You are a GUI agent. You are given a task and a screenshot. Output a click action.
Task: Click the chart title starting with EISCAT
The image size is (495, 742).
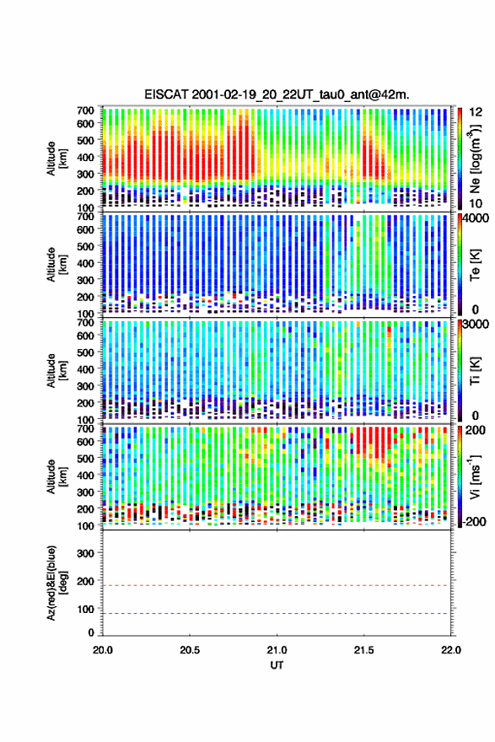tap(277, 94)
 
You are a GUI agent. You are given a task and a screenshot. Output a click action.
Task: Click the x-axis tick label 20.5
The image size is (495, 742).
tap(190, 650)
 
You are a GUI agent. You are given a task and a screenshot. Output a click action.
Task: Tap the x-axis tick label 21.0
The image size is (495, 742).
tap(277, 650)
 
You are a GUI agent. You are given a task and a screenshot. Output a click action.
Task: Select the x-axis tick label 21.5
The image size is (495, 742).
tap(364, 650)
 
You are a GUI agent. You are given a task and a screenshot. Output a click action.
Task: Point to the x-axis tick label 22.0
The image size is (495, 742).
tap(451, 650)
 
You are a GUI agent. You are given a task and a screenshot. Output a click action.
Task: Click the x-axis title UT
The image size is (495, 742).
tap(277, 665)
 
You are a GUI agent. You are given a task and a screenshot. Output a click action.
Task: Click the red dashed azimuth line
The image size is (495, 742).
tap(276, 585)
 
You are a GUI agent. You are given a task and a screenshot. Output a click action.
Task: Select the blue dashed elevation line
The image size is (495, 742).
tap(276, 613)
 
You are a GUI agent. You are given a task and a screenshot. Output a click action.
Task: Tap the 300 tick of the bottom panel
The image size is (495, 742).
tap(86, 553)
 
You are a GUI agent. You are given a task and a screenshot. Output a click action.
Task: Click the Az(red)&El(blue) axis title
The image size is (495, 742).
tap(56, 583)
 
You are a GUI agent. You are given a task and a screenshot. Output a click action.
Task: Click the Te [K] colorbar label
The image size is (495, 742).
tap(475, 265)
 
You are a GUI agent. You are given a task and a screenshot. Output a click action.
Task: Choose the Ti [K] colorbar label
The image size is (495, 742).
tap(475, 371)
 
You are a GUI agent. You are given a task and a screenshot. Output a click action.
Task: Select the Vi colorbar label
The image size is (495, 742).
tap(475, 477)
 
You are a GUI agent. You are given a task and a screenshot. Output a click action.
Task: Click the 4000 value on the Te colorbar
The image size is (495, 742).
tap(476, 218)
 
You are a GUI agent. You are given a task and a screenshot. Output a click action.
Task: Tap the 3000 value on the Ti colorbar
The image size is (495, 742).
tap(476, 324)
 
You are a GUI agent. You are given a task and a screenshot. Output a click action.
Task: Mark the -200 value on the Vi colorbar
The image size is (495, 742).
tap(475, 521)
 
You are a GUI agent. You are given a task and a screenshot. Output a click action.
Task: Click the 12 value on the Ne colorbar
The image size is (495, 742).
tap(476, 112)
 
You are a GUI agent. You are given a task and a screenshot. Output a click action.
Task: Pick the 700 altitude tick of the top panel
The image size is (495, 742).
tap(86, 110)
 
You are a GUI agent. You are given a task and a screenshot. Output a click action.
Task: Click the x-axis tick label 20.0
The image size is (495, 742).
tap(103, 650)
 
